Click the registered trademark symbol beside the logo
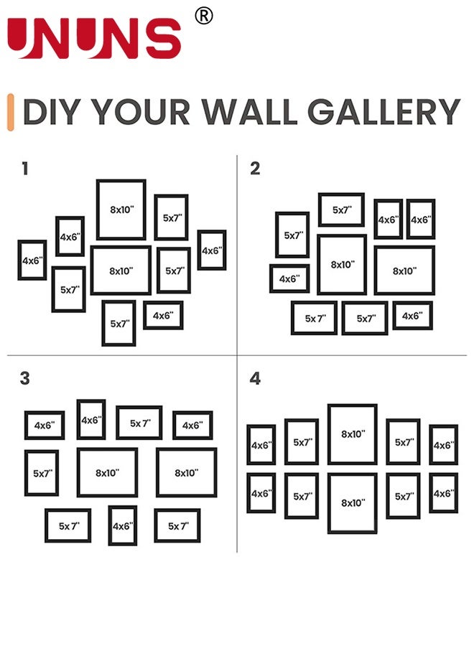coord(204,16)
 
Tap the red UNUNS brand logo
coord(94,39)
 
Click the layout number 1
coord(25,169)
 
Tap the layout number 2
coord(255,169)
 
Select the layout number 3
coord(25,378)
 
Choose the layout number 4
coord(255,378)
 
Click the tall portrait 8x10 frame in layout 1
coord(121,210)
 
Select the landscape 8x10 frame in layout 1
coord(121,271)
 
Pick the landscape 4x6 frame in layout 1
coord(163,315)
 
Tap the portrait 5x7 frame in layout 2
coord(292,235)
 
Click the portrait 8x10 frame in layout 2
coord(342,264)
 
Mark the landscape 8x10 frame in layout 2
coord(404,271)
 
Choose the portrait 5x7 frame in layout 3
coord(42,473)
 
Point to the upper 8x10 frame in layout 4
coord(353,434)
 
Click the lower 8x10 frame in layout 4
coord(353,503)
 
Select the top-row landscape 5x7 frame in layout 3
coord(139,423)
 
